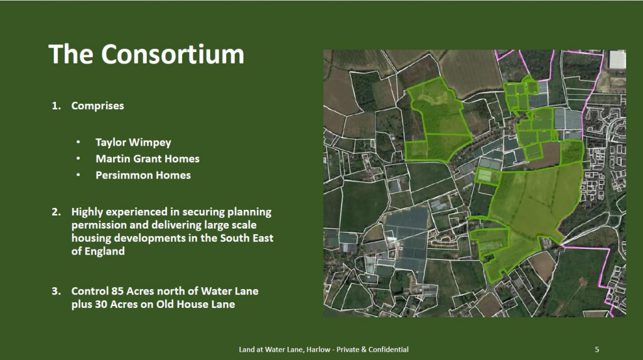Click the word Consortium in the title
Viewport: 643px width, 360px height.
pyautogui.click(x=173, y=54)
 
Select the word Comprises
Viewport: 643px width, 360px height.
pyautogui.click(x=97, y=106)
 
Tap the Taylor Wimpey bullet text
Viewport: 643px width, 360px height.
pyautogui.click(x=133, y=143)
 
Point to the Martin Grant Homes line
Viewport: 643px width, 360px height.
pyautogui.click(x=148, y=159)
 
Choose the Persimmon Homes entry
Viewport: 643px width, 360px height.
pyautogui.click(x=143, y=175)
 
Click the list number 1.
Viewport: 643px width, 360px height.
pyautogui.click(x=56, y=106)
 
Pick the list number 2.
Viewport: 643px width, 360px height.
pyautogui.click(x=56, y=212)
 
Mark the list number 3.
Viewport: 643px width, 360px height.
pyautogui.click(x=56, y=292)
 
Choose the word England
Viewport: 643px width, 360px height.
pyautogui.click(x=104, y=252)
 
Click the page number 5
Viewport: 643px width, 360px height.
pyautogui.click(x=597, y=350)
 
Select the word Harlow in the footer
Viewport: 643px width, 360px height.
pyautogui.click(x=318, y=350)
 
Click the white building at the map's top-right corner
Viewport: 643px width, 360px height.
pyautogui.click(x=617, y=60)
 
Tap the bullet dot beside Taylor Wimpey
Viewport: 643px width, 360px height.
pyautogui.click(x=78, y=143)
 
